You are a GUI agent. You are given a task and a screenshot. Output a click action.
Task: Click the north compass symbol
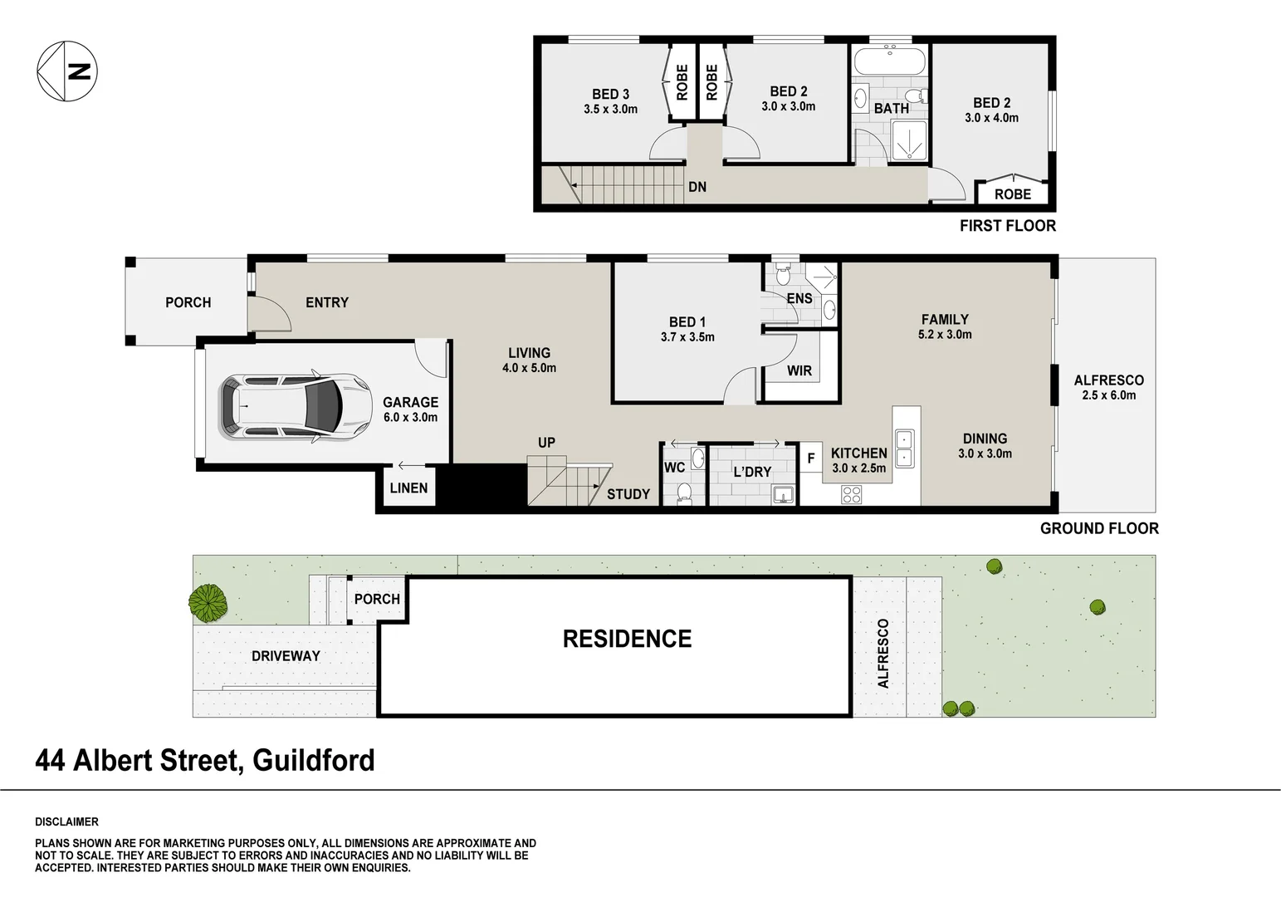(67, 71)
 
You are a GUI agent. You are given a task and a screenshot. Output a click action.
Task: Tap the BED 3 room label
(610, 94)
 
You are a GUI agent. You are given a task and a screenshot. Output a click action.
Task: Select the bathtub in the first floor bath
(889, 62)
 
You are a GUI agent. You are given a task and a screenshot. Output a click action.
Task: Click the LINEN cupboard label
(408, 488)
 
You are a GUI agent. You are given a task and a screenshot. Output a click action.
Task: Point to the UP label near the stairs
(546, 443)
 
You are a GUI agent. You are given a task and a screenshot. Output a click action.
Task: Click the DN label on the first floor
(697, 187)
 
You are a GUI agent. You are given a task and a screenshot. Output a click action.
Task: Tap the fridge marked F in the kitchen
(811, 458)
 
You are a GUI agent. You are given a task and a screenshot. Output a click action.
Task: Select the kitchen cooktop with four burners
(852, 495)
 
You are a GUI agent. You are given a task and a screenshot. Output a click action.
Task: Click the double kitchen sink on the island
(905, 448)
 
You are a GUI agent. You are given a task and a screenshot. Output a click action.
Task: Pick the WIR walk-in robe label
(799, 371)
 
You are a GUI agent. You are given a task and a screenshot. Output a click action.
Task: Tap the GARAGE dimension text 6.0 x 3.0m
(410, 418)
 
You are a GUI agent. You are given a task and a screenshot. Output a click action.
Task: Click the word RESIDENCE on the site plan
(627, 639)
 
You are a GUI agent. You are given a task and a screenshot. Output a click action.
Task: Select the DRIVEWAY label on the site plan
(286, 656)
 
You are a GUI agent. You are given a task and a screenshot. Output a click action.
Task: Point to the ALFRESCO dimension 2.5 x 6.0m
(1108, 395)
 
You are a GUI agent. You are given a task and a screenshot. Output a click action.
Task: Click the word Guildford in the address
(313, 760)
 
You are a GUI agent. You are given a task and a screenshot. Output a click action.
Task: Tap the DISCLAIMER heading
(66, 822)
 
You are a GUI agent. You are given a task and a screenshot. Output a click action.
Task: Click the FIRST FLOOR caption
(1007, 226)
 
